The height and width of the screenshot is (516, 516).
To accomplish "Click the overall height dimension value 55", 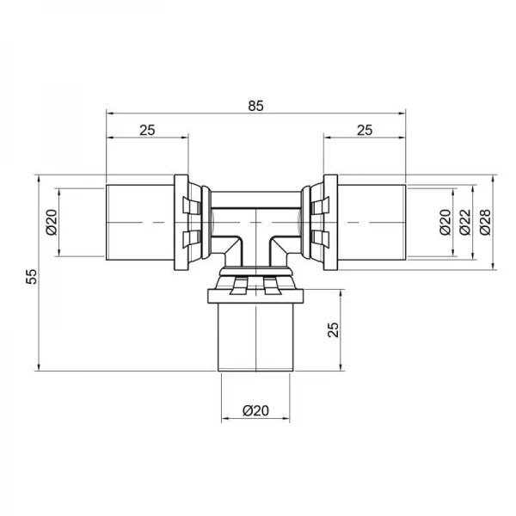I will tap(31, 274).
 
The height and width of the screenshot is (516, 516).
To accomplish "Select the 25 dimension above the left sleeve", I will tap(146, 129).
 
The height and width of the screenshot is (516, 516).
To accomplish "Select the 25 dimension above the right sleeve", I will tap(364, 129).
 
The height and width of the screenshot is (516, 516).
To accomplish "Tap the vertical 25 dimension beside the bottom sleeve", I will tap(334, 330).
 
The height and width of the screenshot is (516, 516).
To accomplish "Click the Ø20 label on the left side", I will tap(51, 222).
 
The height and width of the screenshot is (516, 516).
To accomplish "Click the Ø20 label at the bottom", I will tap(255, 411).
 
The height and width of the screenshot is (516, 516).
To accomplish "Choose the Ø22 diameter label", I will tap(465, 222).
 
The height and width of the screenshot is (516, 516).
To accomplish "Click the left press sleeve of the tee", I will tap(139, 222).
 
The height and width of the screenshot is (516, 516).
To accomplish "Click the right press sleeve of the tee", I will tap(372, 222).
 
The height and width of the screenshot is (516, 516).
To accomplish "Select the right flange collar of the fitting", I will tap(329, 222).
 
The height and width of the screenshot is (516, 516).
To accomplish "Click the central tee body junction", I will tap(255, 228).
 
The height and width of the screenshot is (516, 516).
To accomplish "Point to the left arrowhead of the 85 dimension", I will tap(109, 112).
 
